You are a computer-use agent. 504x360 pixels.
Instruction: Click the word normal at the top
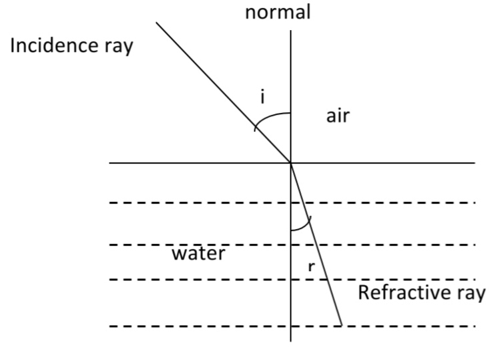coord(278,13)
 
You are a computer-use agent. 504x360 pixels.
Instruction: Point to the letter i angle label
coord(263,98)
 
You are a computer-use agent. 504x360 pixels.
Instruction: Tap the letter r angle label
coord(311,266)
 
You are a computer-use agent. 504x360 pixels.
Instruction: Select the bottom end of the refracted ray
coord(342,326)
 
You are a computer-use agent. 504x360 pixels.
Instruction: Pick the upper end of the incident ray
coord(157,22)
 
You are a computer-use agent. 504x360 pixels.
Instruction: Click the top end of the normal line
coord(291,30)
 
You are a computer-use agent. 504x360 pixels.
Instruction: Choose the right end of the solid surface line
coord(475,163)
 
